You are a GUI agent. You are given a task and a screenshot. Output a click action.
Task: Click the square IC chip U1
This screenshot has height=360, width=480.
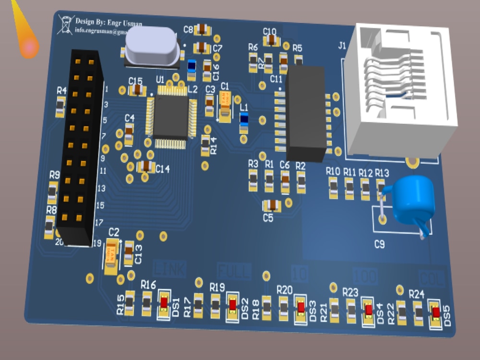click(x=170, y=116)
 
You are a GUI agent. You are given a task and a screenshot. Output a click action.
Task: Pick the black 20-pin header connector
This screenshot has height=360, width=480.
click(x=80, y=146)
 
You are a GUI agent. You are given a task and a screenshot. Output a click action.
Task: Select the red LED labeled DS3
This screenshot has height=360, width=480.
click(x=300, y=307)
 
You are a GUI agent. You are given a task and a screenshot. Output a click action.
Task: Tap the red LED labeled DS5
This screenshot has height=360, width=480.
click(x=436, y=312)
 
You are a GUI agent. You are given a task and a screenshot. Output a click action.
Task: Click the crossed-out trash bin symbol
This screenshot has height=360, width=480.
click(x=65, y=24)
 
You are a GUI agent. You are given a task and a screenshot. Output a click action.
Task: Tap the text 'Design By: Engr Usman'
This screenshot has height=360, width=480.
click(x=108, y=22)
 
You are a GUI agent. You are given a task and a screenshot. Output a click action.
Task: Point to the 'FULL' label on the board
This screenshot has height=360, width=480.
click(x=234, y=272)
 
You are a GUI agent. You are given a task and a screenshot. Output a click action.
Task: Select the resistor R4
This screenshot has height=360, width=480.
click(x=60, y=106)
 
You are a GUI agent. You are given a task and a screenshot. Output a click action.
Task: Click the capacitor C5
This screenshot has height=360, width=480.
click(x=272, y=205)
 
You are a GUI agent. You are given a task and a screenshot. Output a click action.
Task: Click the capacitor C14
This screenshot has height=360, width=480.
click(x=146, y=167)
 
